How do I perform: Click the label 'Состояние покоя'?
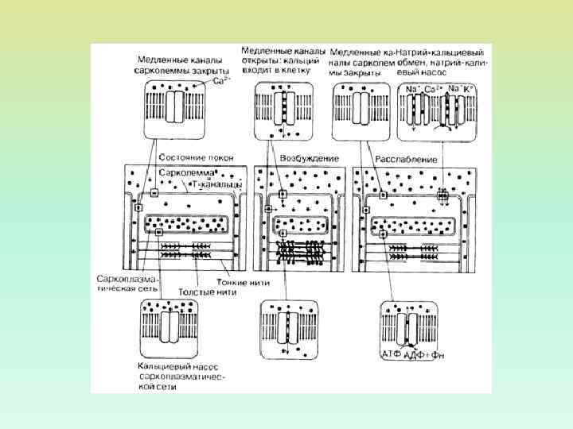point(197,158)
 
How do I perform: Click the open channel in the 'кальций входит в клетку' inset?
point(282,106)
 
